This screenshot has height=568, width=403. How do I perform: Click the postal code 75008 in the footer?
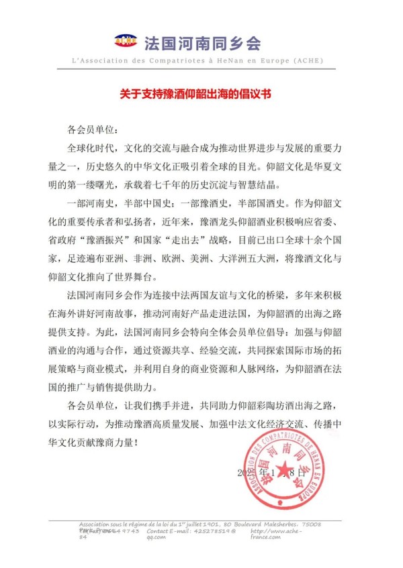point(309,524)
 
